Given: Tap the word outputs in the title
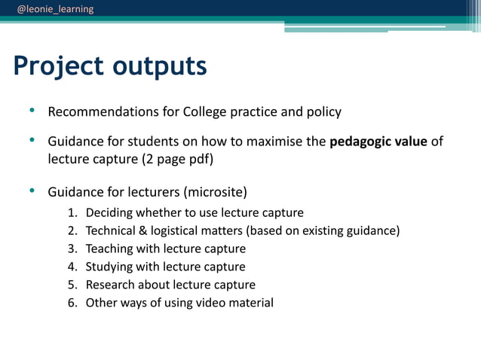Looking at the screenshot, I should (160, 66).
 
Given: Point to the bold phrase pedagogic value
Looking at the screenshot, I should (378, 142).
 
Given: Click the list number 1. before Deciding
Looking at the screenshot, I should (72, 213).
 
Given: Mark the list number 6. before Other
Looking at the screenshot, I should (72, 303).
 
